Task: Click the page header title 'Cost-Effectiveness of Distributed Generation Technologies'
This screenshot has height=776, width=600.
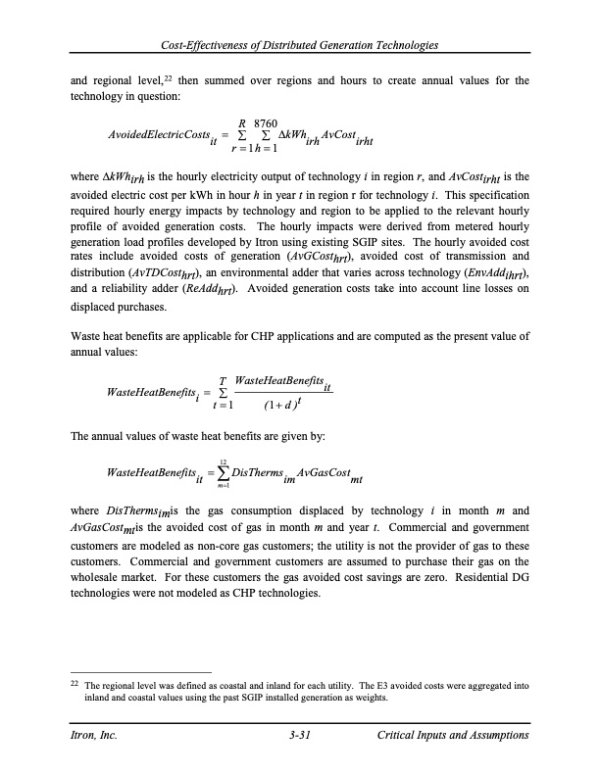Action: tap(300, 46)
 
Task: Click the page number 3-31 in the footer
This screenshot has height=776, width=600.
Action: tap(300, 736)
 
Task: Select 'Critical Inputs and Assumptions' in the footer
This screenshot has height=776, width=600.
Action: tap(453, 736)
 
